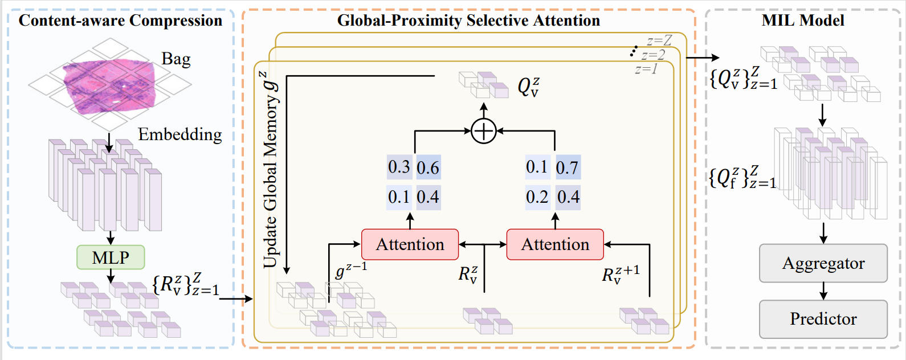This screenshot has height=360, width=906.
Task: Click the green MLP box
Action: tap(111, 257)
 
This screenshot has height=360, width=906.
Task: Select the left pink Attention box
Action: tap(410, 244)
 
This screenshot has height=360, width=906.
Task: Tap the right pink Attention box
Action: tap(555, 244)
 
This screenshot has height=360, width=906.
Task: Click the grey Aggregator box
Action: tap(823, 263)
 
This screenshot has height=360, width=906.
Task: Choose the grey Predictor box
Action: tap(823, 319)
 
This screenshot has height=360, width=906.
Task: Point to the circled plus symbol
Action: tap(484, 131)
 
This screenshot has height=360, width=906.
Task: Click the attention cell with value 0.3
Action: tap(399, 167)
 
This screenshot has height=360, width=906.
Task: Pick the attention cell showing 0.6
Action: tap(428, 167)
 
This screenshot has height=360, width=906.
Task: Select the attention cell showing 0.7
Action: tap(568, 167)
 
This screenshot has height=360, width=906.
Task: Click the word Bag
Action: tap(176, 59)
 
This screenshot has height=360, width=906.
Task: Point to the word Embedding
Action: tap(180, 134)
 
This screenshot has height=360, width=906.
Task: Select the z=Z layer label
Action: tap(659, 40)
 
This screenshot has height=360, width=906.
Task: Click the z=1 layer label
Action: tap(646, 69)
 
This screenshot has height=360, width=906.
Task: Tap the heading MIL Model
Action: tap(803, 21)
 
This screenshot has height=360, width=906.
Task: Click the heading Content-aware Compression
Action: tap(121, 21)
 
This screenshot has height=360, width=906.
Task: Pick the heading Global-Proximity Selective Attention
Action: tap(469, 21)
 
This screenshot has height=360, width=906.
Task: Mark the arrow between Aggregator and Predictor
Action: tap(823, 291)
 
